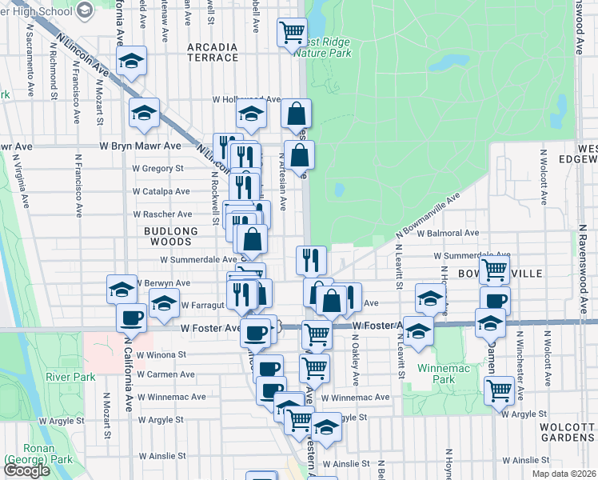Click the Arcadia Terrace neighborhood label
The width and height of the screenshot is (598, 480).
[x=213, y=52]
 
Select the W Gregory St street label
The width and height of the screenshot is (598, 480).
[x=158, y=169]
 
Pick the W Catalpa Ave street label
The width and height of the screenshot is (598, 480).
[x=161, y=192]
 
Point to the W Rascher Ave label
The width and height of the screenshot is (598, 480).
[x=162, y=214]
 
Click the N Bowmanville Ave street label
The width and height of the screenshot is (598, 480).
[x=429, y=214]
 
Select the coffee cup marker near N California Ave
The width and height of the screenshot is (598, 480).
[x=131, y=317]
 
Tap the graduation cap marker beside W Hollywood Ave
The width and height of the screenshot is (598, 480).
[x=251, y=114]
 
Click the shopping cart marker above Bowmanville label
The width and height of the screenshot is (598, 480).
[x=494, y=270]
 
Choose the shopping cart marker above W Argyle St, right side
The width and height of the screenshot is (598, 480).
[x=500, y=390]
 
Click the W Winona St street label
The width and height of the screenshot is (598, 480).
[x=161, y=354]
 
